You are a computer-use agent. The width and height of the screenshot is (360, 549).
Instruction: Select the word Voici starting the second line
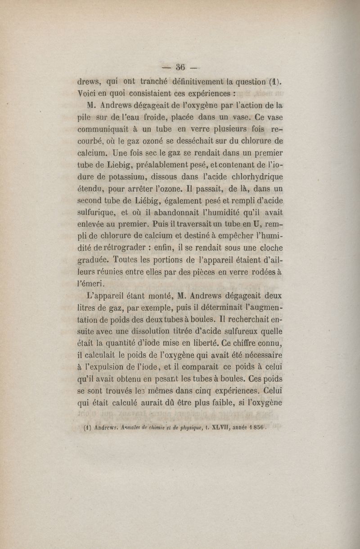(87, 94)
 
